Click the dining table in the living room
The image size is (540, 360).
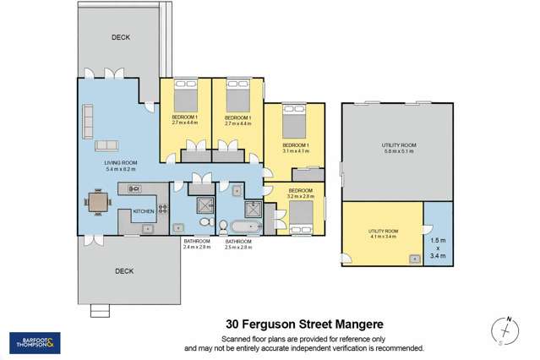click(99, 203)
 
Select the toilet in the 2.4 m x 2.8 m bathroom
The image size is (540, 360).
click(205, 223)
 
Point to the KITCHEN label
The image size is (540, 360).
click(142, 210)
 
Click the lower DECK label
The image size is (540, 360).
click(125, 271)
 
